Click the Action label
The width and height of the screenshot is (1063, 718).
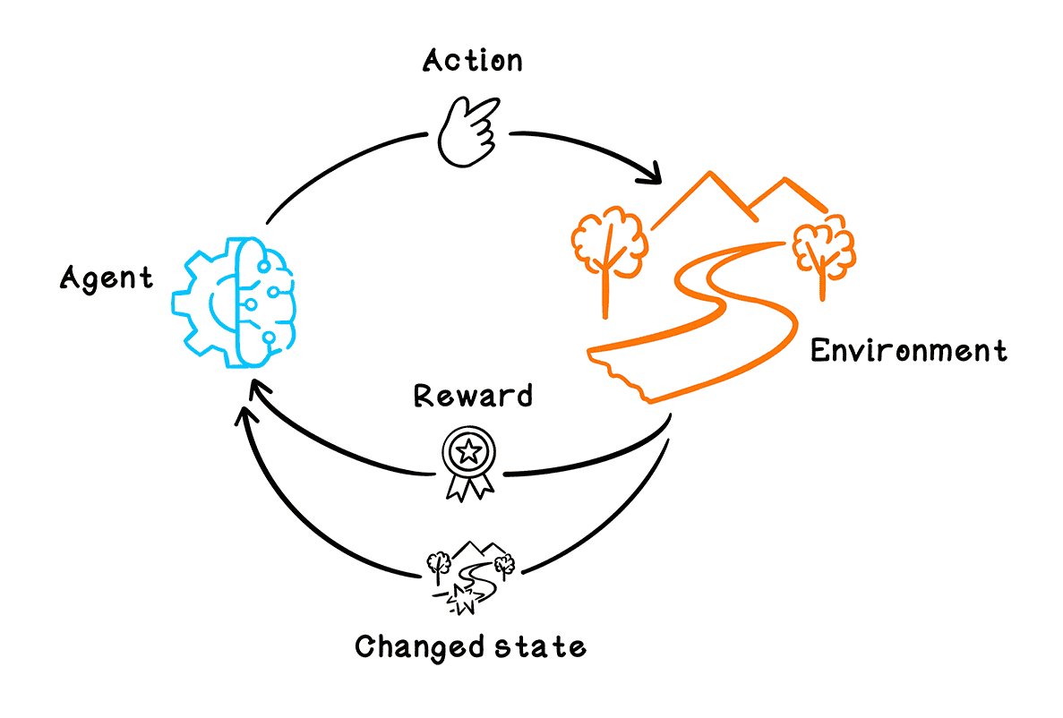coord(472,61)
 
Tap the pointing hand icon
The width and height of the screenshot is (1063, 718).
coord(467,132)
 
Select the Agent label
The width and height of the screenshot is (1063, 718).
coord(107,278)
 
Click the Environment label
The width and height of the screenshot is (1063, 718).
coord(908,350)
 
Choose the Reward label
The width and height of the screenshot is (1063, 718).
coord(472,396)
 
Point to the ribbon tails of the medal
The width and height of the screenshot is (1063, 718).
coord(468,486)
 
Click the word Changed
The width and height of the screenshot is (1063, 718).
coord(409,645)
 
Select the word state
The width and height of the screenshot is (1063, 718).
coord(531,645)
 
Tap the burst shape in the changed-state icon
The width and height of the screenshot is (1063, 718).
coord(464,599)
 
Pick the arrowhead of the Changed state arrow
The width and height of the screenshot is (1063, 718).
coord(244,414)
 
